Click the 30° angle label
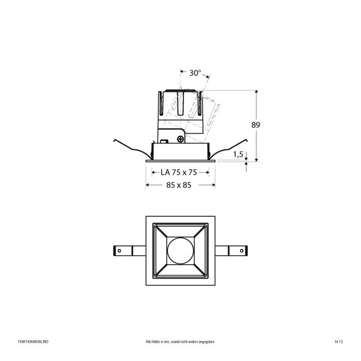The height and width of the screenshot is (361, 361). click(x=195, y=73)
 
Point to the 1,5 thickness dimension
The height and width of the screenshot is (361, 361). click(x=239, y=156)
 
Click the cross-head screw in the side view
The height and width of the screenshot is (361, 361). click(x=180, y=140)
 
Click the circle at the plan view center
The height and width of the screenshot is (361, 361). click(x=180, y=250)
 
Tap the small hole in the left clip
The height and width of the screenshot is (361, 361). click(x=120, y=250)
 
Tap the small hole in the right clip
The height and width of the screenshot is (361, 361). click(x=241, y=250)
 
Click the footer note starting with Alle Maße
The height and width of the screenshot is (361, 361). click(x=180, y=342)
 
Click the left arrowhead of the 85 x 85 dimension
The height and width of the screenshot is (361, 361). click(x=147, y=185)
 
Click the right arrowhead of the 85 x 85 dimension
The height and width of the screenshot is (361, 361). click(x=214, y=185)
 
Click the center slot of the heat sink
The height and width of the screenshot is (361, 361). click(x=181, y=104)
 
